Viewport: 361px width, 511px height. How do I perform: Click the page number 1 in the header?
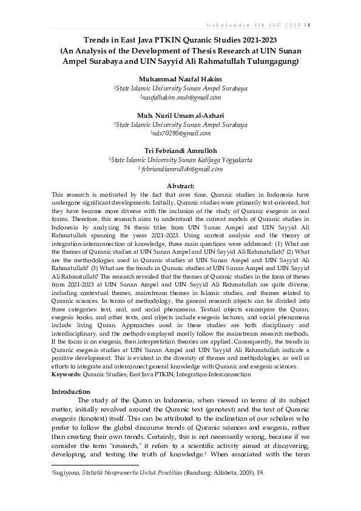(309, 24)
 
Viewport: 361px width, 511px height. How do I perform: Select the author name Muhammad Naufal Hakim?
(180, 80)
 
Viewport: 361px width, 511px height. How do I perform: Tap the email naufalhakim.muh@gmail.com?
(180, 97)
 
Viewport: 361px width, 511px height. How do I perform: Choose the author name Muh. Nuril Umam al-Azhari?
(180, 115)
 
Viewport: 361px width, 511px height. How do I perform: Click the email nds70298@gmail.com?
(181, 133)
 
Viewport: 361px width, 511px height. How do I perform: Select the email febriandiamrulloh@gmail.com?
(181, 169)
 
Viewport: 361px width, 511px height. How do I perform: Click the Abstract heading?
(180, 186)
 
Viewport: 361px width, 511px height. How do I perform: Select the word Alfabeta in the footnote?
(217, 472)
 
